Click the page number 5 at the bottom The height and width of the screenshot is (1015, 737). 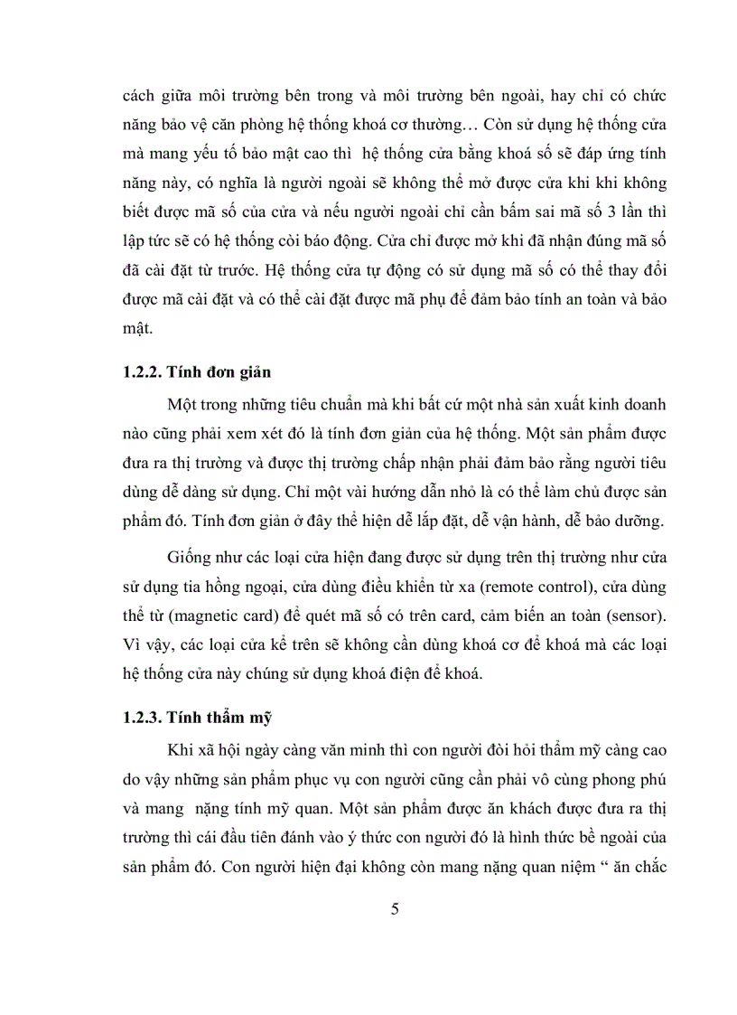(395, 909)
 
